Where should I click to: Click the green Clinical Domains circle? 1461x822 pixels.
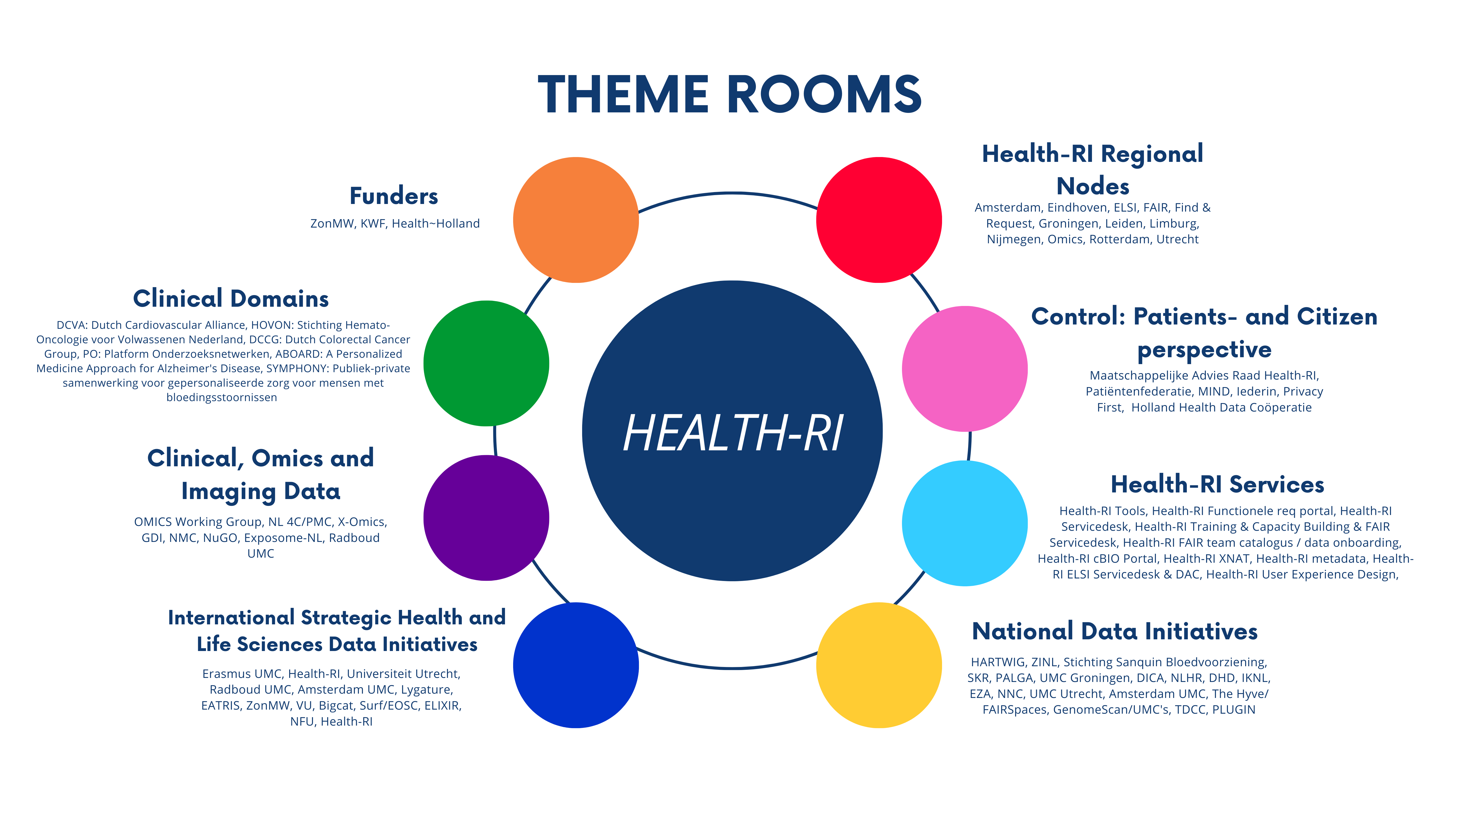coord(486,363)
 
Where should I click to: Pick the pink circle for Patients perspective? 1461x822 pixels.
coord(965,369)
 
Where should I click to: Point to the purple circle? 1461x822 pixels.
coord(486,518)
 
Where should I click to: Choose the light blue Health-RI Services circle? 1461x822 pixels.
coord(965,523)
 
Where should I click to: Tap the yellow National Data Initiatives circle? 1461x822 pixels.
coord(879,665)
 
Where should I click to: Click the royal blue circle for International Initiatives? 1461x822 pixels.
coord(576,665)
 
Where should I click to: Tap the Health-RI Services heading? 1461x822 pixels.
coord(1217,485)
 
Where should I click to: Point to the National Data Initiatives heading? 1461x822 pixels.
coord(1115,631)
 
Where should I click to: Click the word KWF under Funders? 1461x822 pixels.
coord(373,224)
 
